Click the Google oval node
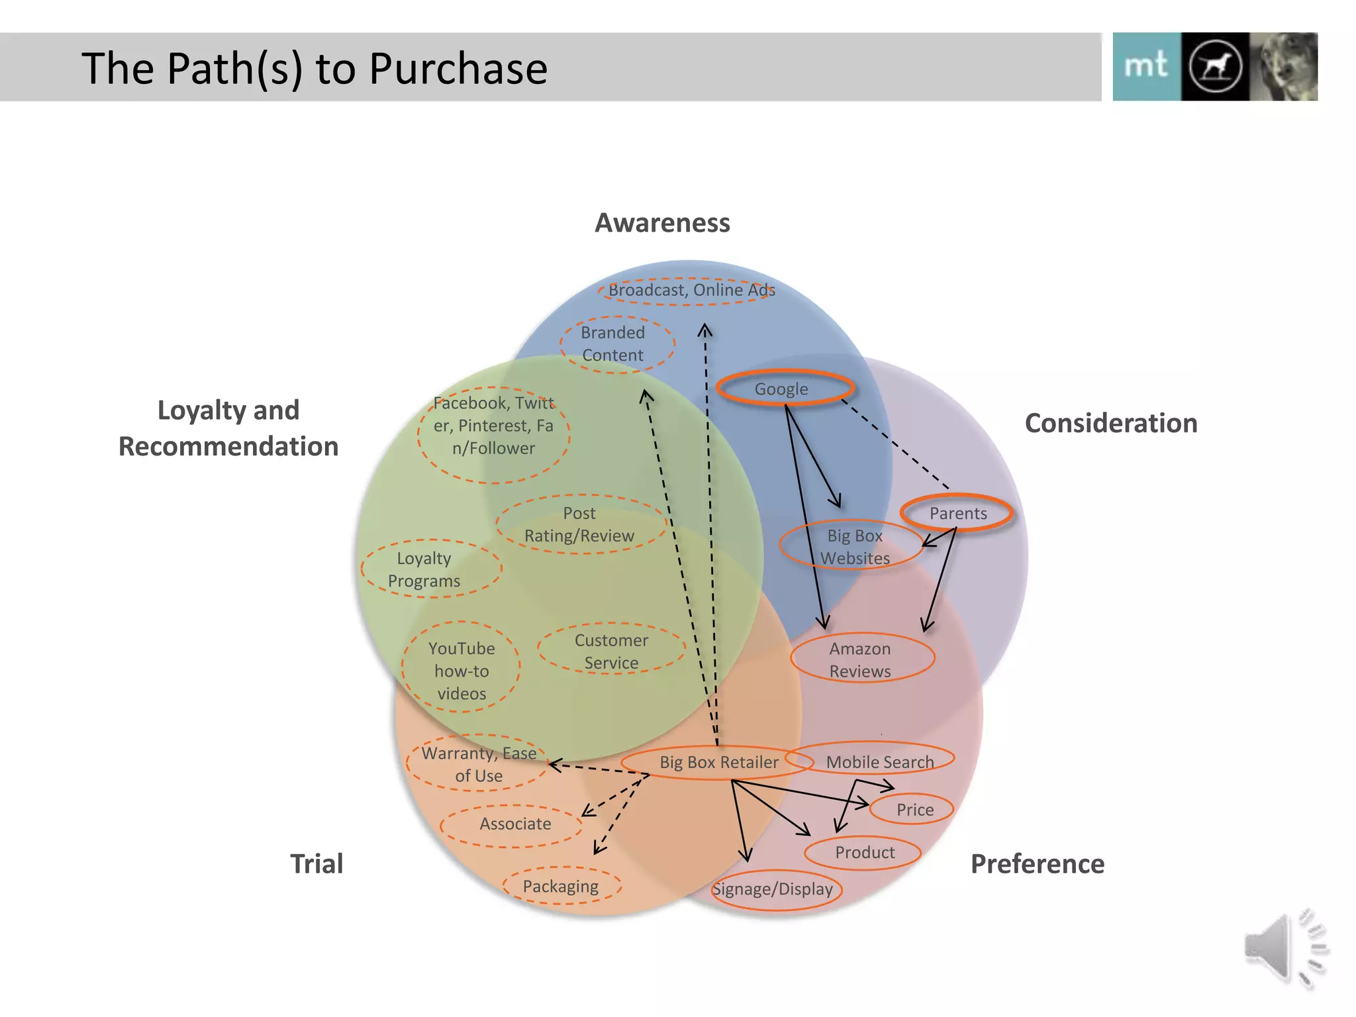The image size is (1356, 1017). click(x=784, y=388)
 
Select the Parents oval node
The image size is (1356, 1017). click(x=957, y=512)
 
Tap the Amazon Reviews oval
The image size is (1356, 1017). click(x=862, y=659)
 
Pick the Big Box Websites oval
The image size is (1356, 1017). click(x=853, y=546)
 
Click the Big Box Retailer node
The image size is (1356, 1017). click(x=718, y=762)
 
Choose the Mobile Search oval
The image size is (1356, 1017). click(x=879, y=761)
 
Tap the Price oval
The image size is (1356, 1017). click(x=914, y=809)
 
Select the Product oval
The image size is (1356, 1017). click(x=863, y=852)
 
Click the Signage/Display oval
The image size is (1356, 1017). click(x=774, y=889)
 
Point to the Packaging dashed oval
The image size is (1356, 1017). click(x=561, y=886)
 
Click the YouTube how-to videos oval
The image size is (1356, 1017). click(x=461, y=669)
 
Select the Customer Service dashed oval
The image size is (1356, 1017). click(x=611, y=650)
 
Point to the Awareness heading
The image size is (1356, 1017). click(x=662, y=223)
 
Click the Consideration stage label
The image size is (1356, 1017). click(x=1110, y=423)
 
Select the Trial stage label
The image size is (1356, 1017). click(x=316, y=863)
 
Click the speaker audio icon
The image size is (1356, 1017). click(x=1284, y=948)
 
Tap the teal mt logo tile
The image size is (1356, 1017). click(x=1146, y=67)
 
